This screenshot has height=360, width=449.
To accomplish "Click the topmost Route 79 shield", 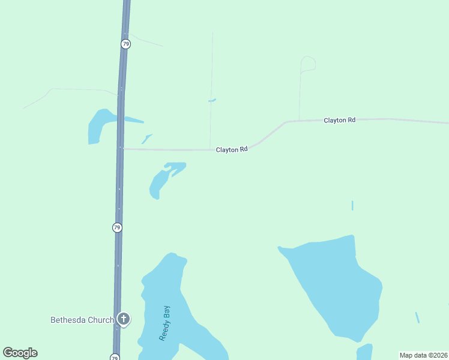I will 125,44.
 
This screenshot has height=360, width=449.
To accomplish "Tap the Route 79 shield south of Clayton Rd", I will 117,227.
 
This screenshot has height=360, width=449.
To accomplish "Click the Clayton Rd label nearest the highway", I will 232,149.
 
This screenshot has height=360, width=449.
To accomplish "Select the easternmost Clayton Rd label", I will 339,120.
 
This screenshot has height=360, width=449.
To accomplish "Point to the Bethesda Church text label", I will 82,320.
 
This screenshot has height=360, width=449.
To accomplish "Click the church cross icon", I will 124,319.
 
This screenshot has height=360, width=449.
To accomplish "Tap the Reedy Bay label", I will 165,323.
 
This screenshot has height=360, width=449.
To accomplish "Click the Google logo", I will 20,353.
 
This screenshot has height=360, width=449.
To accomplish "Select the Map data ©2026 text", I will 423,355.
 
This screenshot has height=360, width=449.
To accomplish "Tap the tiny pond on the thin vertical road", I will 212,100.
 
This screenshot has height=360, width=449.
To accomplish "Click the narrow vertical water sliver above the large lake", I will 352,205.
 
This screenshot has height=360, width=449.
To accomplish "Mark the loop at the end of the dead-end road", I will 308,64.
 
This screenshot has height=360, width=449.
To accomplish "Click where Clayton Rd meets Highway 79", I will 122,149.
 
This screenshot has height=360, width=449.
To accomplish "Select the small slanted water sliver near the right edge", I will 417,317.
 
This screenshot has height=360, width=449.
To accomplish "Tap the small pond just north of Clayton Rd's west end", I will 146,139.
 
